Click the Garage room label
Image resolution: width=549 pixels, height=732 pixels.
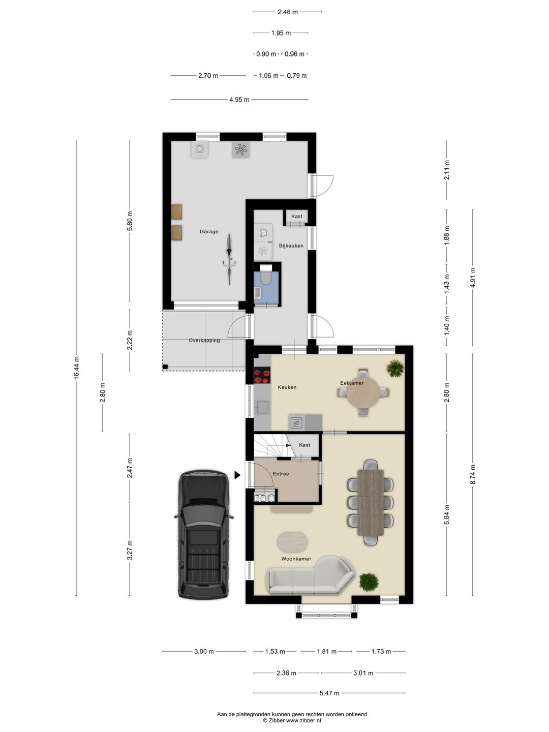coord(208,232)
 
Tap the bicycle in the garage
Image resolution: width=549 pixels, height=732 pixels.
coord(230,259)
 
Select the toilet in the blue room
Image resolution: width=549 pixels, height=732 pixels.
coord(265,277)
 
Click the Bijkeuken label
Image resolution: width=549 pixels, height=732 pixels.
coord(291,246)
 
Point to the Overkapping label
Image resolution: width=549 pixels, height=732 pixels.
coord(204,341)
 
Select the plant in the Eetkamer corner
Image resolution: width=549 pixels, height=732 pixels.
coord(394,368)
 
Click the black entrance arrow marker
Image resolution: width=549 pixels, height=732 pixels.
coord(237,475)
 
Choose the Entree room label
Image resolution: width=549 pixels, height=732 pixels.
coord(281,474)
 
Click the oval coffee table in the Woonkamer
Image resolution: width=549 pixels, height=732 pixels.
coord(293,542)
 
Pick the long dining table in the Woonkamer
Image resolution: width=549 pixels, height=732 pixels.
coord(371,502)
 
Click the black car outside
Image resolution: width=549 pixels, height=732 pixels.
coord(203,534)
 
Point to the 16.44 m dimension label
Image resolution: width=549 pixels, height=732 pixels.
coord(76,368)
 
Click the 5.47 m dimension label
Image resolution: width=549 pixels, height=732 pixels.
coord(329,693)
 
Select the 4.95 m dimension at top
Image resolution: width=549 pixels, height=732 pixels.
coord(239,100)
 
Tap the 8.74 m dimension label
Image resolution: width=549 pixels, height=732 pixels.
coord(473,475)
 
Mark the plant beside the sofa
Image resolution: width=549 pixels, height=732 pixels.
coord(369,582)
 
